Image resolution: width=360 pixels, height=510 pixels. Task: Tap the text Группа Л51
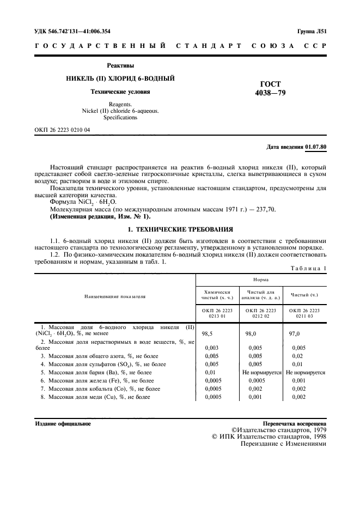point(311,32)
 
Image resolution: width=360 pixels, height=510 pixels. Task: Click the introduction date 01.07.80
point(315,147)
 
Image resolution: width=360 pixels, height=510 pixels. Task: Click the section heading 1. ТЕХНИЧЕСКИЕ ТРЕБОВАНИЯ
point(180,229)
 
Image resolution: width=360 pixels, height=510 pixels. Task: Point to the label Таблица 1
point(308,269)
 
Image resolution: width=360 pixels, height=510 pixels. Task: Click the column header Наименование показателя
point(115,296)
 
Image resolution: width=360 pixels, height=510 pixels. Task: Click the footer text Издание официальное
point(63,423)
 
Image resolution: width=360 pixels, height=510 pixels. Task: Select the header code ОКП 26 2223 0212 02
point(260,313)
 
